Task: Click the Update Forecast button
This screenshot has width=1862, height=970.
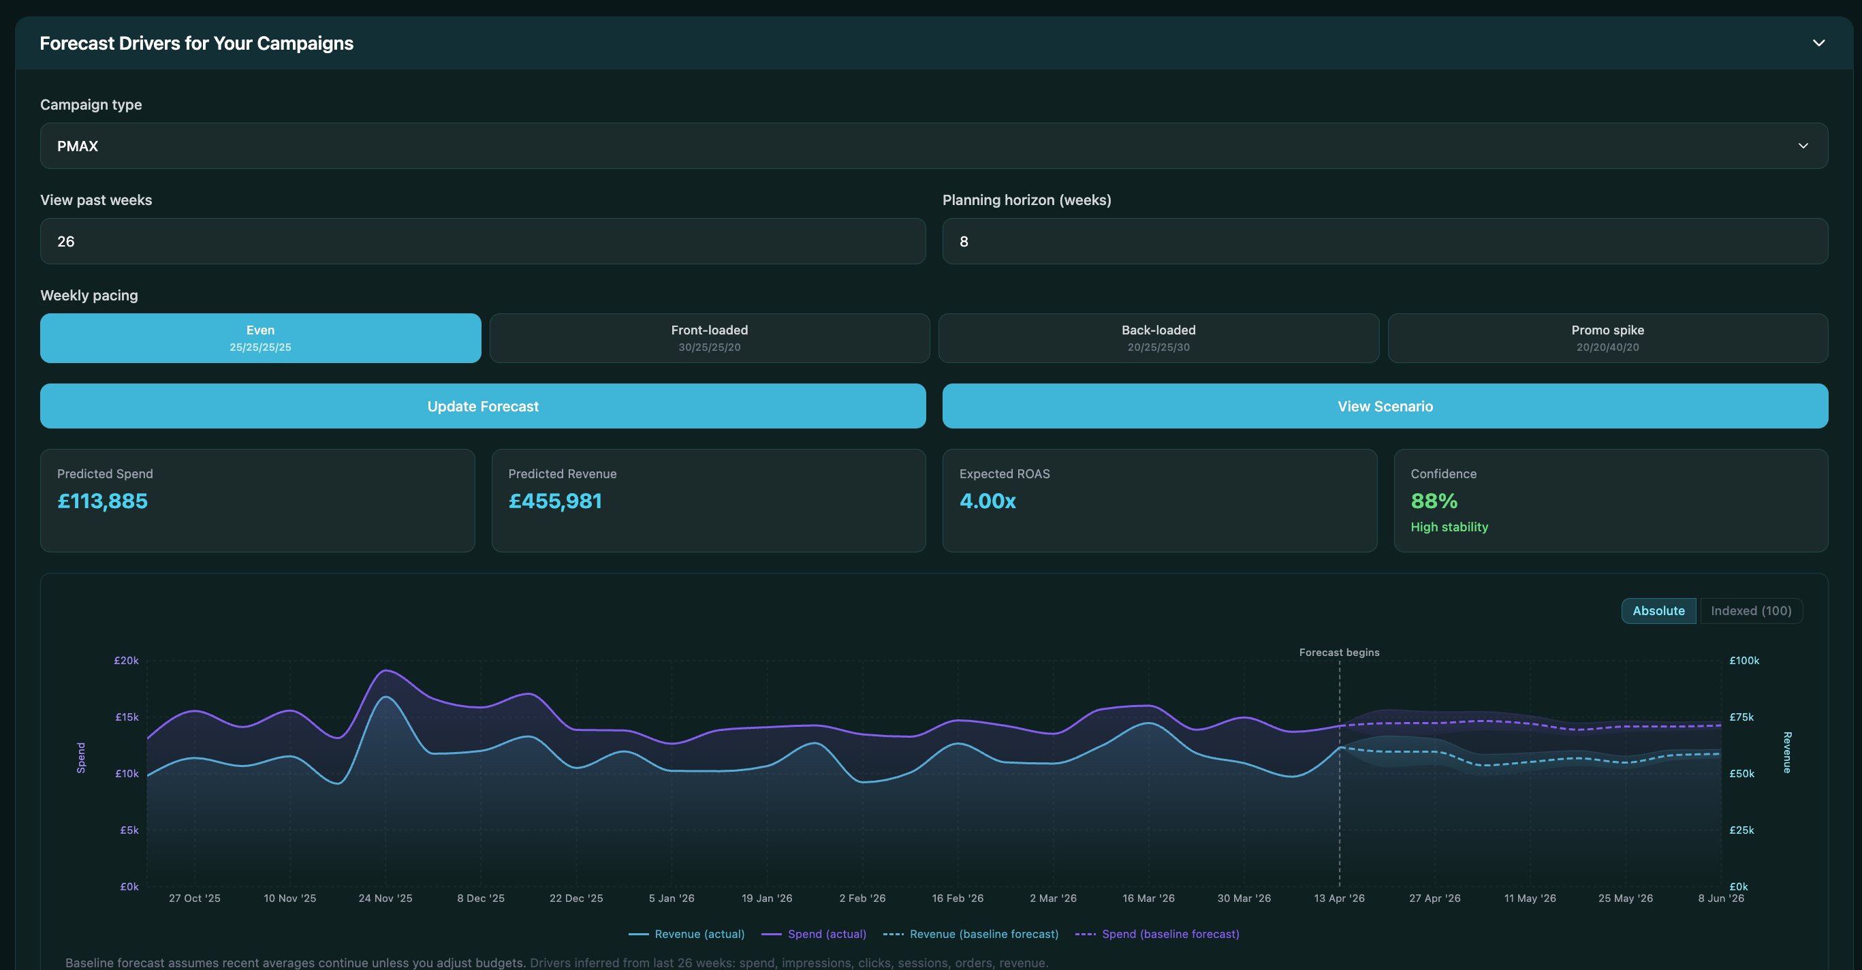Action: click(482, 406)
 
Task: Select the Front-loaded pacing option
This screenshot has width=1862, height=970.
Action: click(709, 338)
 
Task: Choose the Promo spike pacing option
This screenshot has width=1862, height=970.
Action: click(1607, 338)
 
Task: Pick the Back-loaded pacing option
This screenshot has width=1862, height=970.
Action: click(1158, 338)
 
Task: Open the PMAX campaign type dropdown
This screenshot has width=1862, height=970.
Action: click(933, 146)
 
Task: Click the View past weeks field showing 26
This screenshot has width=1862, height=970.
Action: click(482, 241)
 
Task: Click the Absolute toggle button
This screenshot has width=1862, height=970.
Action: click(1658, 611)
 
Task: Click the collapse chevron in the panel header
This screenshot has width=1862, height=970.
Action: click(1818, 44)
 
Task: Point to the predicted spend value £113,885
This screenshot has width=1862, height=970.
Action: click(103, 501)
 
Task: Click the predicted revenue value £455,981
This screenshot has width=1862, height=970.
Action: click(554, 501)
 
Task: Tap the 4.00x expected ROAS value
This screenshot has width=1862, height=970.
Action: click(987, 501)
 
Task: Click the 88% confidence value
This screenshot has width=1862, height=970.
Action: click(1434, 501)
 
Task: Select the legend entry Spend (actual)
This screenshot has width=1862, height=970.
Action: click(826, 934)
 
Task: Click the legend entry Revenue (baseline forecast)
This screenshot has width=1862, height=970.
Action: click(983, 934)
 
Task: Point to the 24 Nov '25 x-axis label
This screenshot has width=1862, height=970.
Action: click(385, 898)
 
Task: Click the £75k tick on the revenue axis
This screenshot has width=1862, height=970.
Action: click(1741, 717)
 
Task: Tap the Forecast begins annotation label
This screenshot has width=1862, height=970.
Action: click(1339, 652)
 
